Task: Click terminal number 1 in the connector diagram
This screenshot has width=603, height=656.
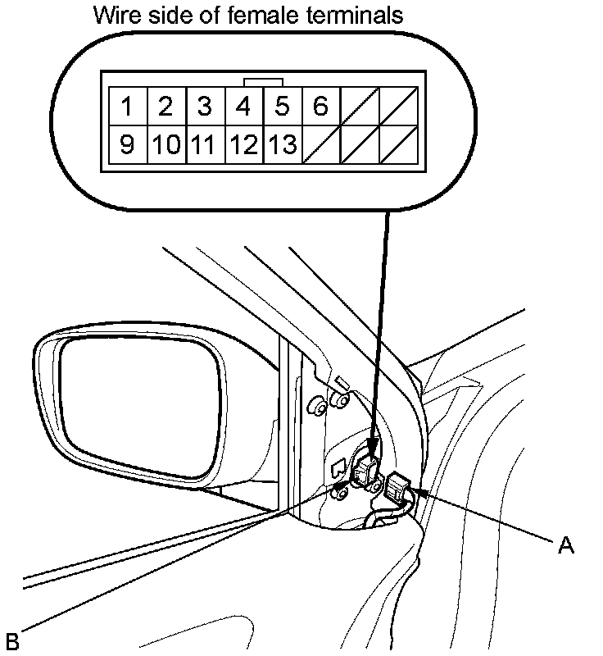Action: coord(127,107)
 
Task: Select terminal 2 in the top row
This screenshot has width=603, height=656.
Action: coord(165,107)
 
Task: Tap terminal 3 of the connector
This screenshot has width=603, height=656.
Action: coord(205,107)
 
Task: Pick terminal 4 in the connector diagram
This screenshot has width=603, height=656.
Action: coord(243,107)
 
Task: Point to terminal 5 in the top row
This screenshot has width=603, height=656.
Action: coord(282,107)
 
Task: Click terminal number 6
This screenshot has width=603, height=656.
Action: coord(320,107)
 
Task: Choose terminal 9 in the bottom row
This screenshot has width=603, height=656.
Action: coord(127,145)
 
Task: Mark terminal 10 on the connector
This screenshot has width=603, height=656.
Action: coord(165,145)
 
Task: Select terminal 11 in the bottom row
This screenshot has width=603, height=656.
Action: coord(205,145)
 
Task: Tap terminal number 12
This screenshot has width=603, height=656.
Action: coord(243,145)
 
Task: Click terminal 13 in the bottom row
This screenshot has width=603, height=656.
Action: coord(282,145)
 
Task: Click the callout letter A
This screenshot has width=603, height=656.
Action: coord(565,544)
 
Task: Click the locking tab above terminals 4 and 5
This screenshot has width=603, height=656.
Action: coord(264,81)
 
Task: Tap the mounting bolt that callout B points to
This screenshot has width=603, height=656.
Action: coord(338,492)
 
